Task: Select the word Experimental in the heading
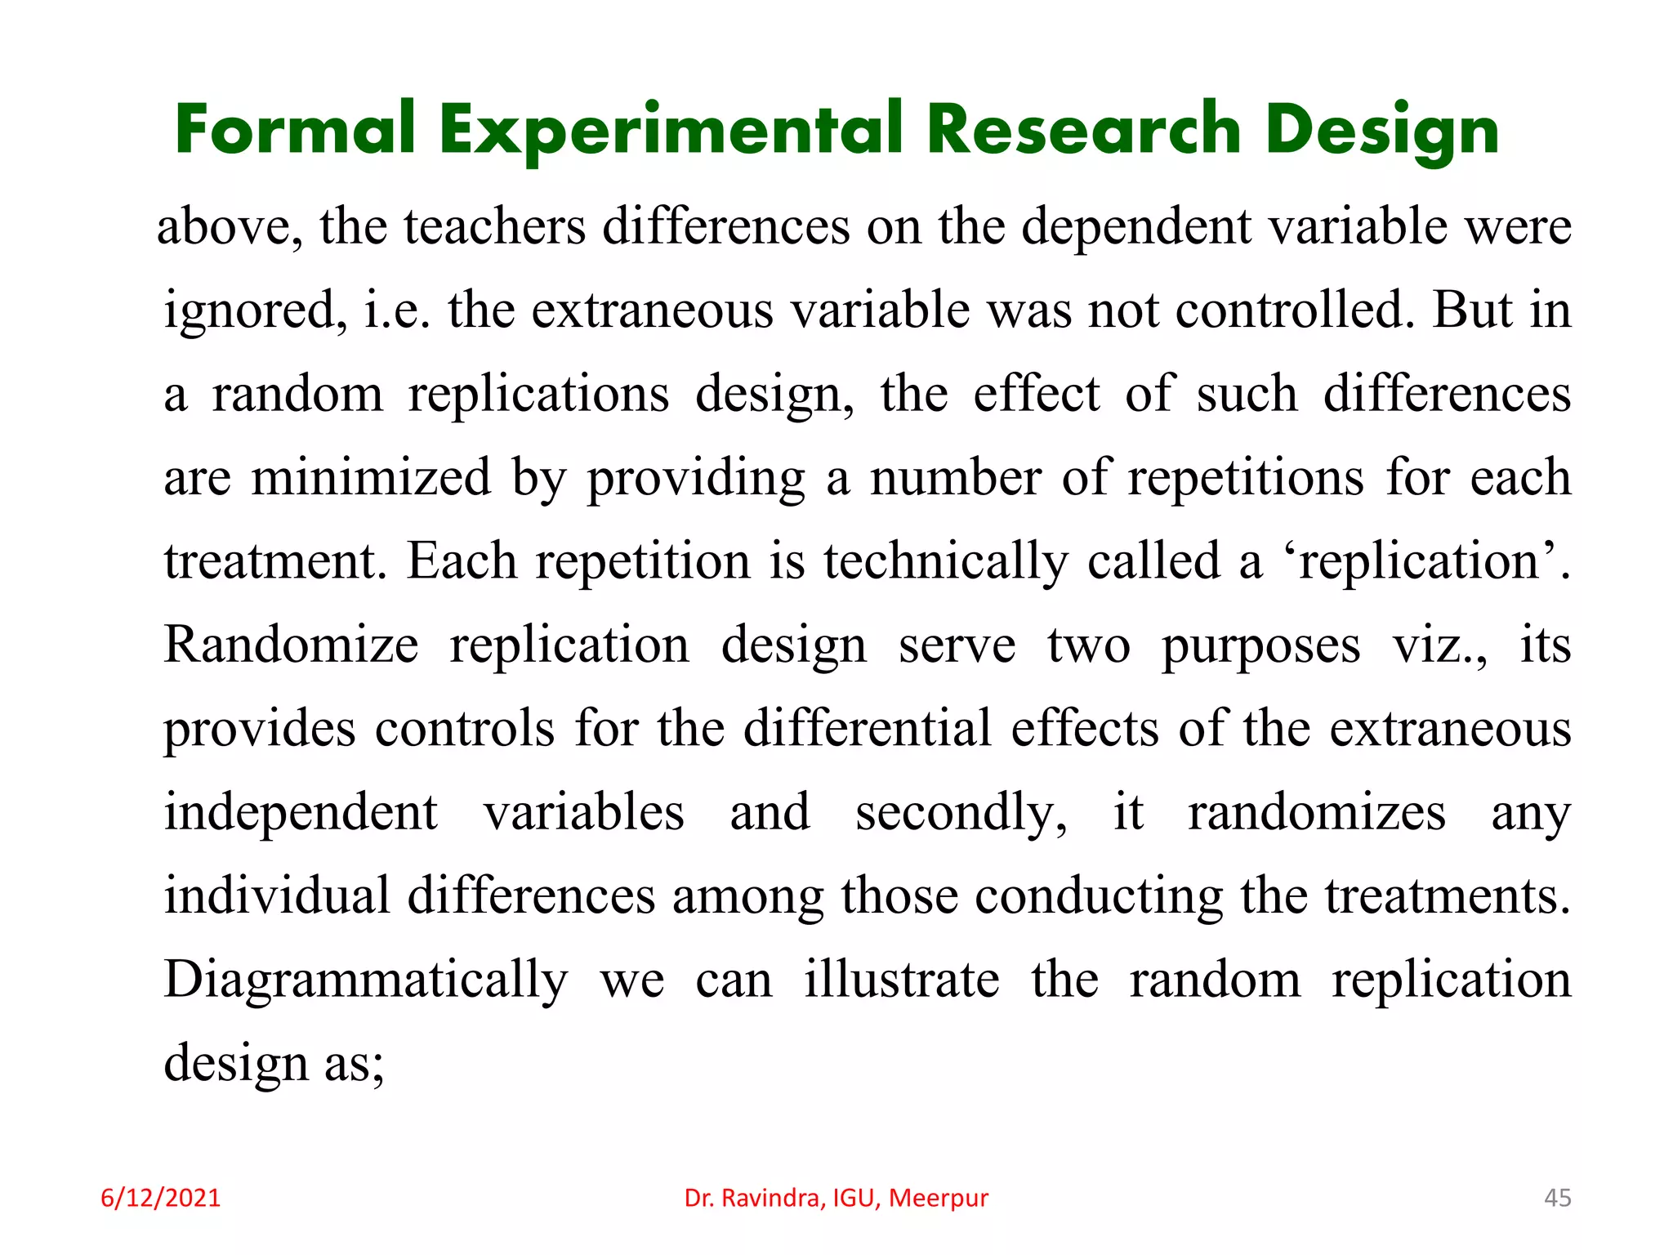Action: pyautogui.click(x=671, y=131)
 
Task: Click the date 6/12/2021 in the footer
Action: pyautogui.click(x=160, y=1198)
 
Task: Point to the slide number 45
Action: pyautogui.click(x=1557, y=1198)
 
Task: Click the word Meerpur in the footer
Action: pyautogui.click(x=939, y=1198)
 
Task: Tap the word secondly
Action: pyautogui.click(x=961, y=813)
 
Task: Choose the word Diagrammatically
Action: pyautogui.click(x=365, y=980)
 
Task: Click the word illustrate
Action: pyautogui.click(x=901, y=980)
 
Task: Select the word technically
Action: pyautogui.click(x=945, y=562)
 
